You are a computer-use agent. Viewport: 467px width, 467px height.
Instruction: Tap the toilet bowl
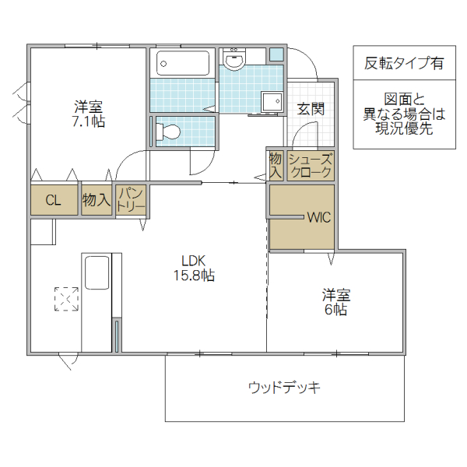tap(170, 132)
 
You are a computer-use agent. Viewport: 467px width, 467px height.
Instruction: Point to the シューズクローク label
tap(311, 166)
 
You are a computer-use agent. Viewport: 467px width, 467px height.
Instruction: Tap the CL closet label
tap(53, 201)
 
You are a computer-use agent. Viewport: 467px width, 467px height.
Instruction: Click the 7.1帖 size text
tap(88, 121)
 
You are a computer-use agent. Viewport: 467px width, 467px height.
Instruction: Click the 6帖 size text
tap(336, 310)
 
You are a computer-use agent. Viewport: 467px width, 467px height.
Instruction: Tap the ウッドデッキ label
tap(285, 387)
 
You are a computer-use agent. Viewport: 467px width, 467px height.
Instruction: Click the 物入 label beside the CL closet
tap(96, 201)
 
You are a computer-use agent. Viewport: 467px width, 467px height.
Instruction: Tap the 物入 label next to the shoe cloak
tap(276, 165)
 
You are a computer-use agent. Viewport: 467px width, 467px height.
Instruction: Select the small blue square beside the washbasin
tap(276, 55)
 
